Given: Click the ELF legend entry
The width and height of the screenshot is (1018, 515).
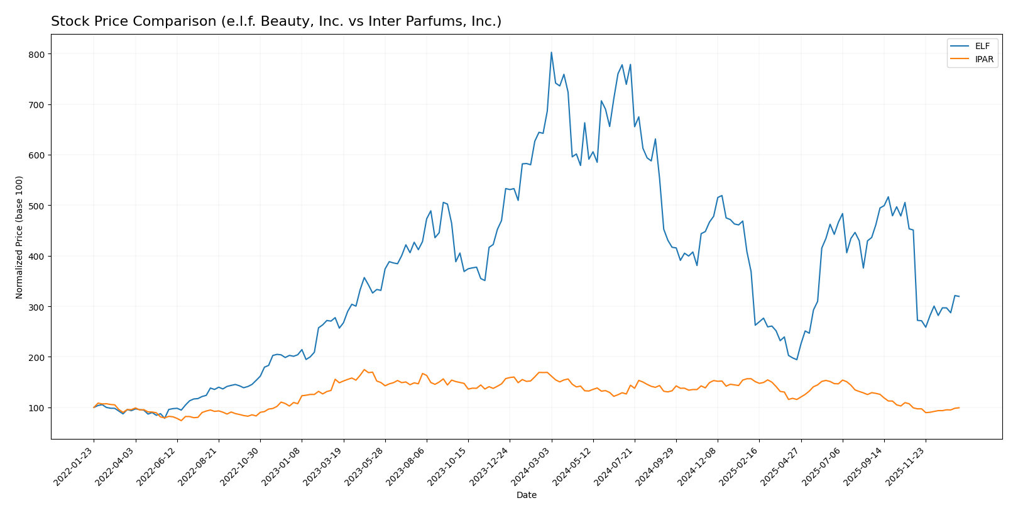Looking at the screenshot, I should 971,46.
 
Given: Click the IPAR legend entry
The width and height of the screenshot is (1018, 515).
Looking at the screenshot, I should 971,60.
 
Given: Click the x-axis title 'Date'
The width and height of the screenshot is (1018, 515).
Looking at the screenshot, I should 527,496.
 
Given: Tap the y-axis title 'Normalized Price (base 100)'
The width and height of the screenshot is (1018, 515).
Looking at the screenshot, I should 19,237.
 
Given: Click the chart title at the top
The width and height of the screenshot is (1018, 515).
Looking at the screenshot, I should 276,22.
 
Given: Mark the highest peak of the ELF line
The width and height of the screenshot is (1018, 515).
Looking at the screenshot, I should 551,52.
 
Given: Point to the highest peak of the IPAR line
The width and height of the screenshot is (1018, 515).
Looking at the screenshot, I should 364,370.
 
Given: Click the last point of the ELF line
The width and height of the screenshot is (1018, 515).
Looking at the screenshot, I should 959,296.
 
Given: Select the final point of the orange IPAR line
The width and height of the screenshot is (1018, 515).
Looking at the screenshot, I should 959,407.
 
